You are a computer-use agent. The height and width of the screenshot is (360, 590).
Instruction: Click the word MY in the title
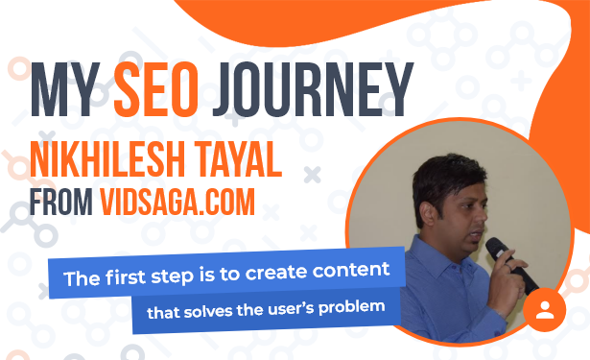[x=64, y=90]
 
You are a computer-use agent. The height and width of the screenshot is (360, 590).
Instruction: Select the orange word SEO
[x=156, y=90]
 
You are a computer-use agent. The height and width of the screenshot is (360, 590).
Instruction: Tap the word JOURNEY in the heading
[x=313, y=90]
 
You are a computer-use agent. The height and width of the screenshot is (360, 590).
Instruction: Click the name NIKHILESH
[x=107, y=159]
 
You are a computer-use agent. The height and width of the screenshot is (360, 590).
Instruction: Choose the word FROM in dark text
[x=61, y=202]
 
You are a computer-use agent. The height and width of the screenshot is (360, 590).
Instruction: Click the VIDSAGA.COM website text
[x=177, y=202]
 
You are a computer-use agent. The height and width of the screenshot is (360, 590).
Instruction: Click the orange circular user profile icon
[x=545, y=310]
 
